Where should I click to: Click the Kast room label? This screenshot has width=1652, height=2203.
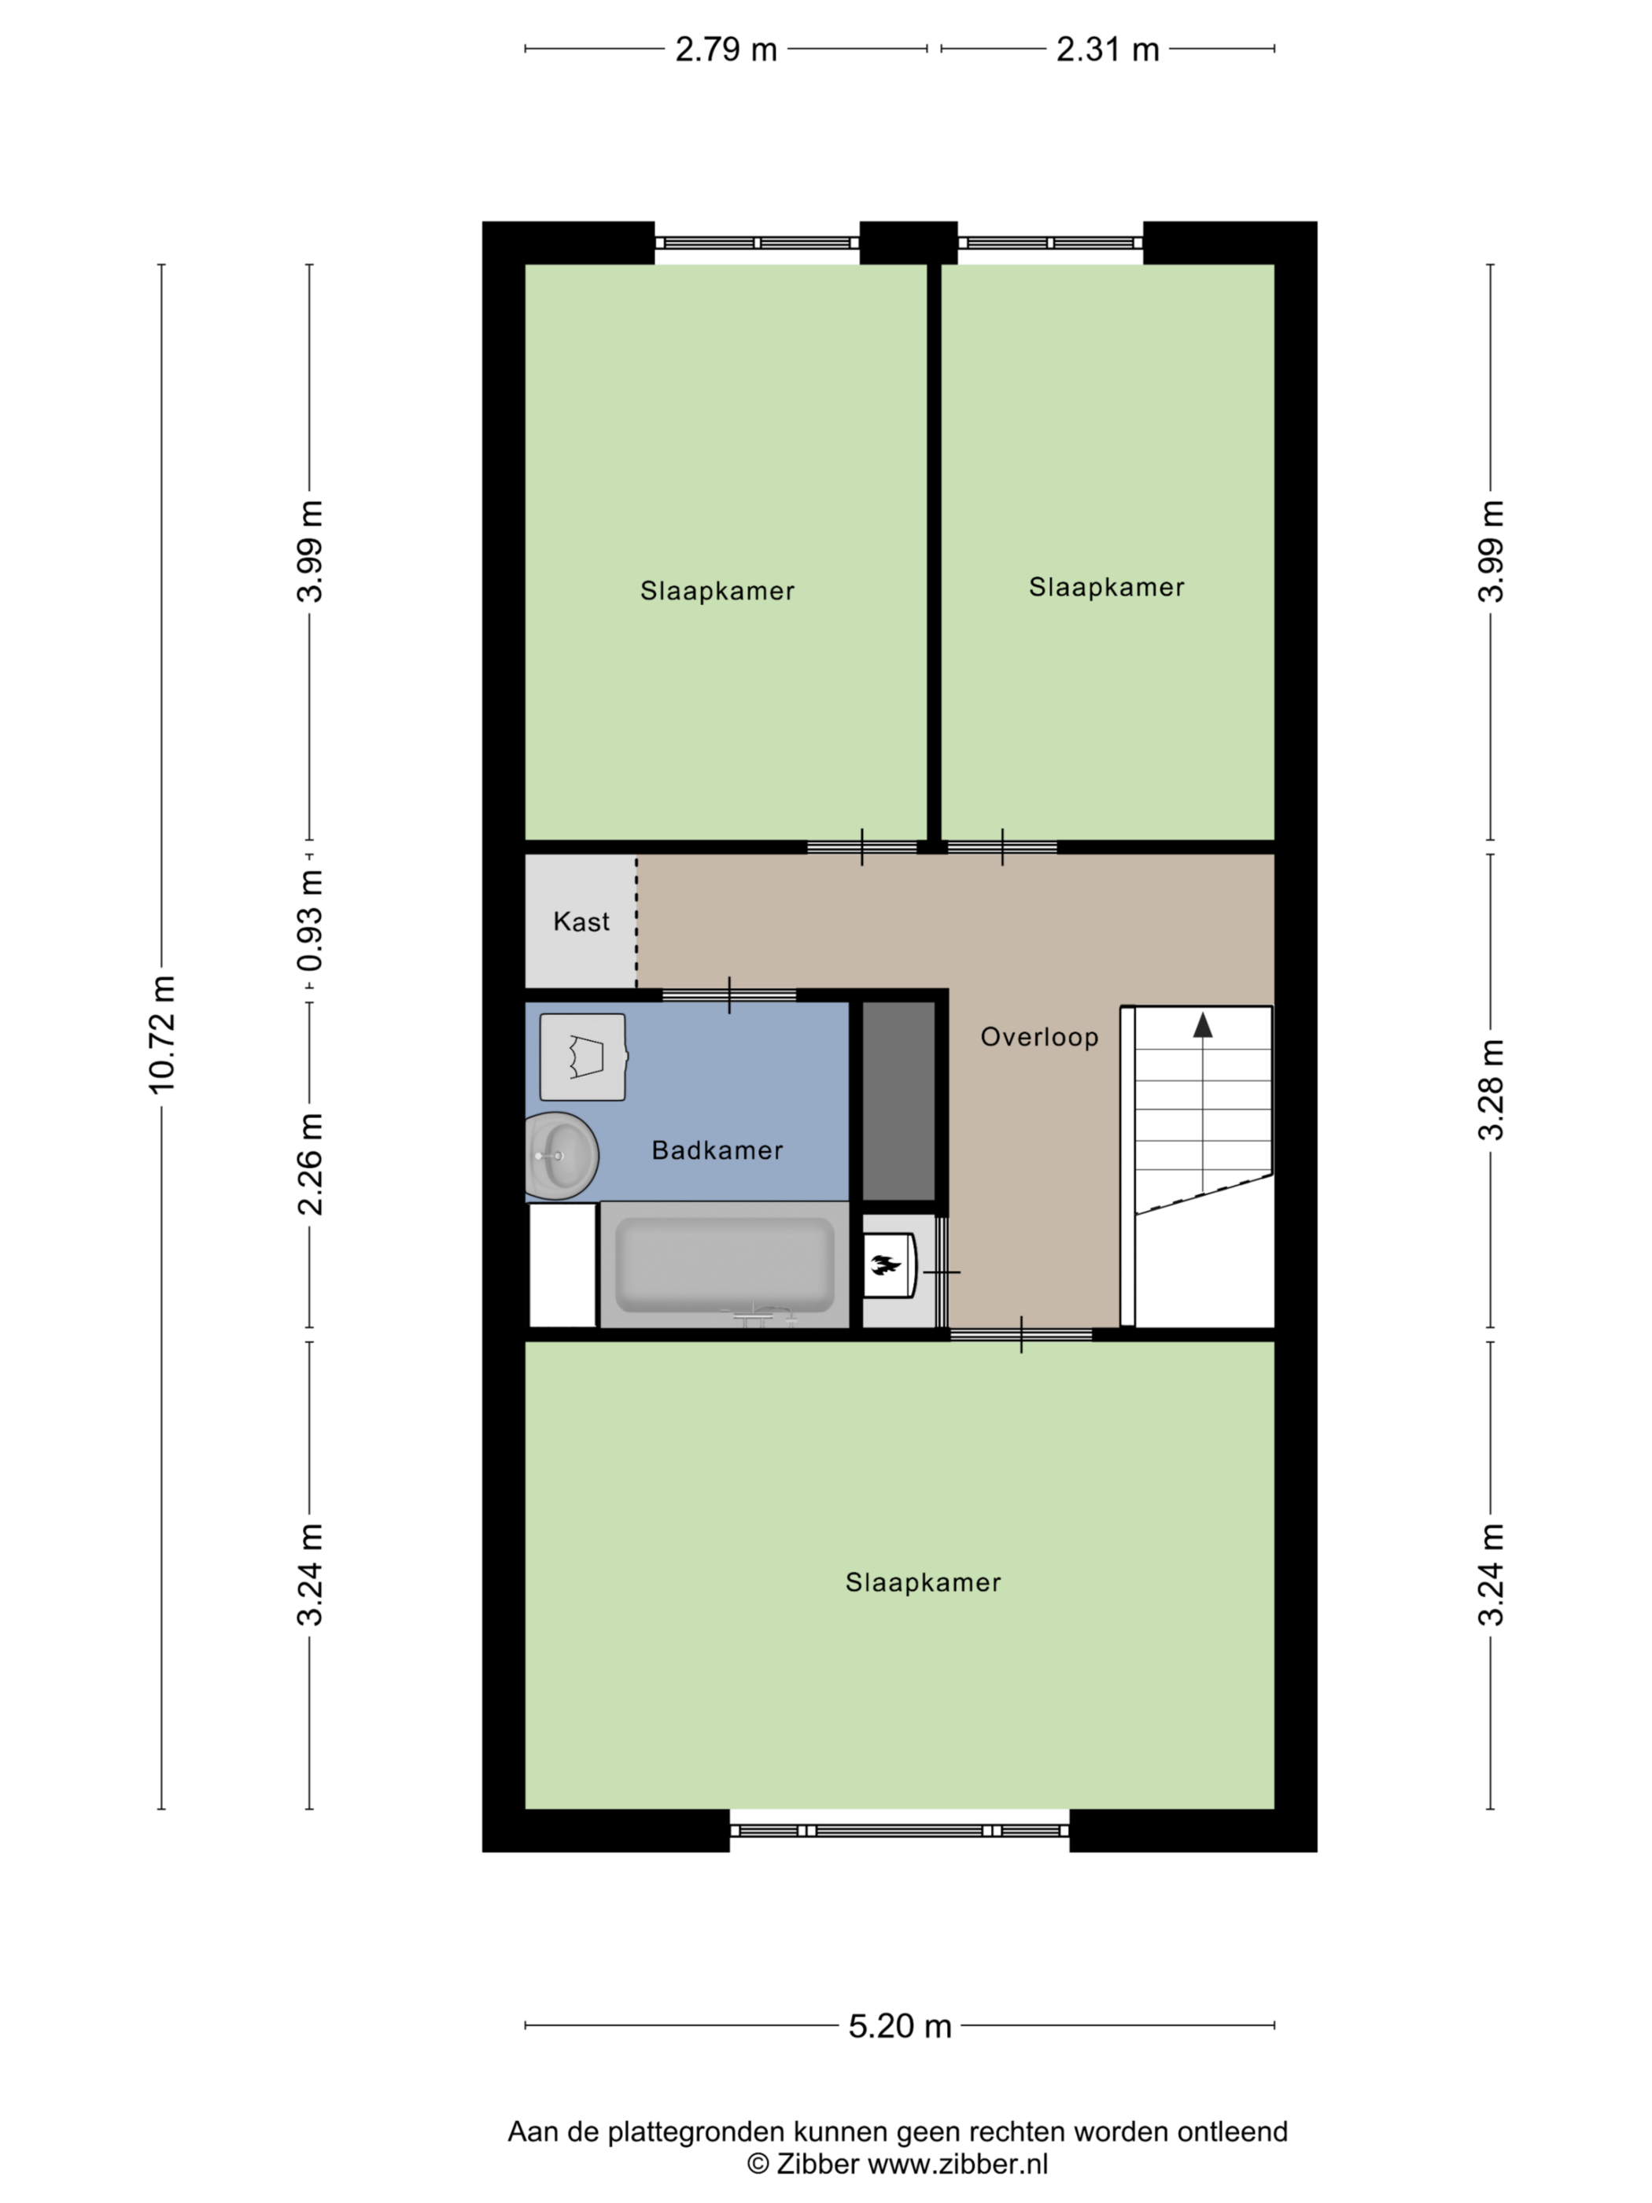coord(581,921)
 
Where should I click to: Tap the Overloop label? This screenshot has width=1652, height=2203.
coord(1040,1037)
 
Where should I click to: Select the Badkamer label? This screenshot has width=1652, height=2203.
coord(717,1150)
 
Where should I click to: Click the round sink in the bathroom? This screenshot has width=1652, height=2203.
coord(562,1155)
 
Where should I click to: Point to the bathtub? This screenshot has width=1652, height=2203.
coord(725,1265)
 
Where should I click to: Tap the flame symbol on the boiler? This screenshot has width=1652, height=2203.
coord(884,1265)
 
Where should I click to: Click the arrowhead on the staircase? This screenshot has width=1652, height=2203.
coord(1203,1025)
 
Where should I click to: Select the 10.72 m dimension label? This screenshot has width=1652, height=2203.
coord(161,1035)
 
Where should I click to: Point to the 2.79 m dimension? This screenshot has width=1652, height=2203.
coord(726,49)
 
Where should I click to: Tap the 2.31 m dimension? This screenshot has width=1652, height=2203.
coord(1108,49)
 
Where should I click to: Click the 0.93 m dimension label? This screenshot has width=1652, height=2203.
coord(310,921)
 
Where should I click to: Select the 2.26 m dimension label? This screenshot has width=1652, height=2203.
coord(310,1164)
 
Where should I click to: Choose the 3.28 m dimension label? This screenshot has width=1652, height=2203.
coord(1491,1090)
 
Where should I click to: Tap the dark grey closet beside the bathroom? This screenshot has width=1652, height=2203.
coord(898,1101)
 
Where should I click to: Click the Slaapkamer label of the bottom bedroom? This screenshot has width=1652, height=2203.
coord(923,1582)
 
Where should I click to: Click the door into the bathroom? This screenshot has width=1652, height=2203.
coord(729,995)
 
